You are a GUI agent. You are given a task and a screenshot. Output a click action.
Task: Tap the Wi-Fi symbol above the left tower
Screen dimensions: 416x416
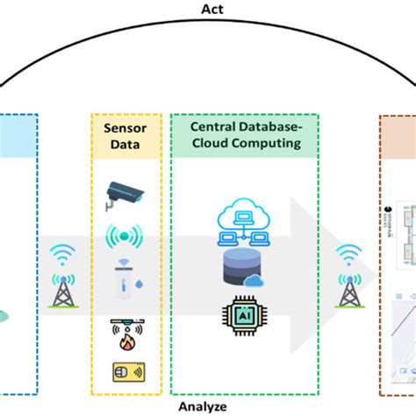click(61, 254)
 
